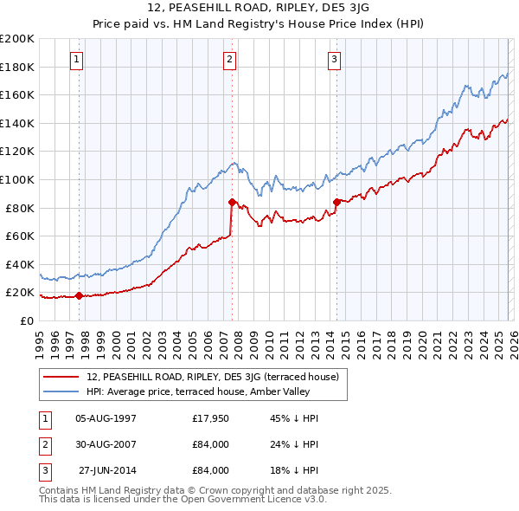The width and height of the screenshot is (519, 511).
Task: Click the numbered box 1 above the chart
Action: (77, 60)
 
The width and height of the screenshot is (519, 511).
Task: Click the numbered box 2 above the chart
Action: (229, 60)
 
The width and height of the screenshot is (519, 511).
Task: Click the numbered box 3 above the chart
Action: (334, 60)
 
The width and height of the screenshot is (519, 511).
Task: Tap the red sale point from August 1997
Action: (79, 295)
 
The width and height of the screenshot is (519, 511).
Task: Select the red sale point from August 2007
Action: (233, 202)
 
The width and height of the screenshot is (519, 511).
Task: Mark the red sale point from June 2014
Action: (336, 202)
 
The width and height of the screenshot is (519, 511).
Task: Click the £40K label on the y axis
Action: (20, 264)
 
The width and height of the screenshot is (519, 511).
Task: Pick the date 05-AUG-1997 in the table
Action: (106, 418)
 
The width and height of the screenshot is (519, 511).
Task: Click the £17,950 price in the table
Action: (210, 418)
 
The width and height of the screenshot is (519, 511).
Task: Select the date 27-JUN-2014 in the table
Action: (106, 470)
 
